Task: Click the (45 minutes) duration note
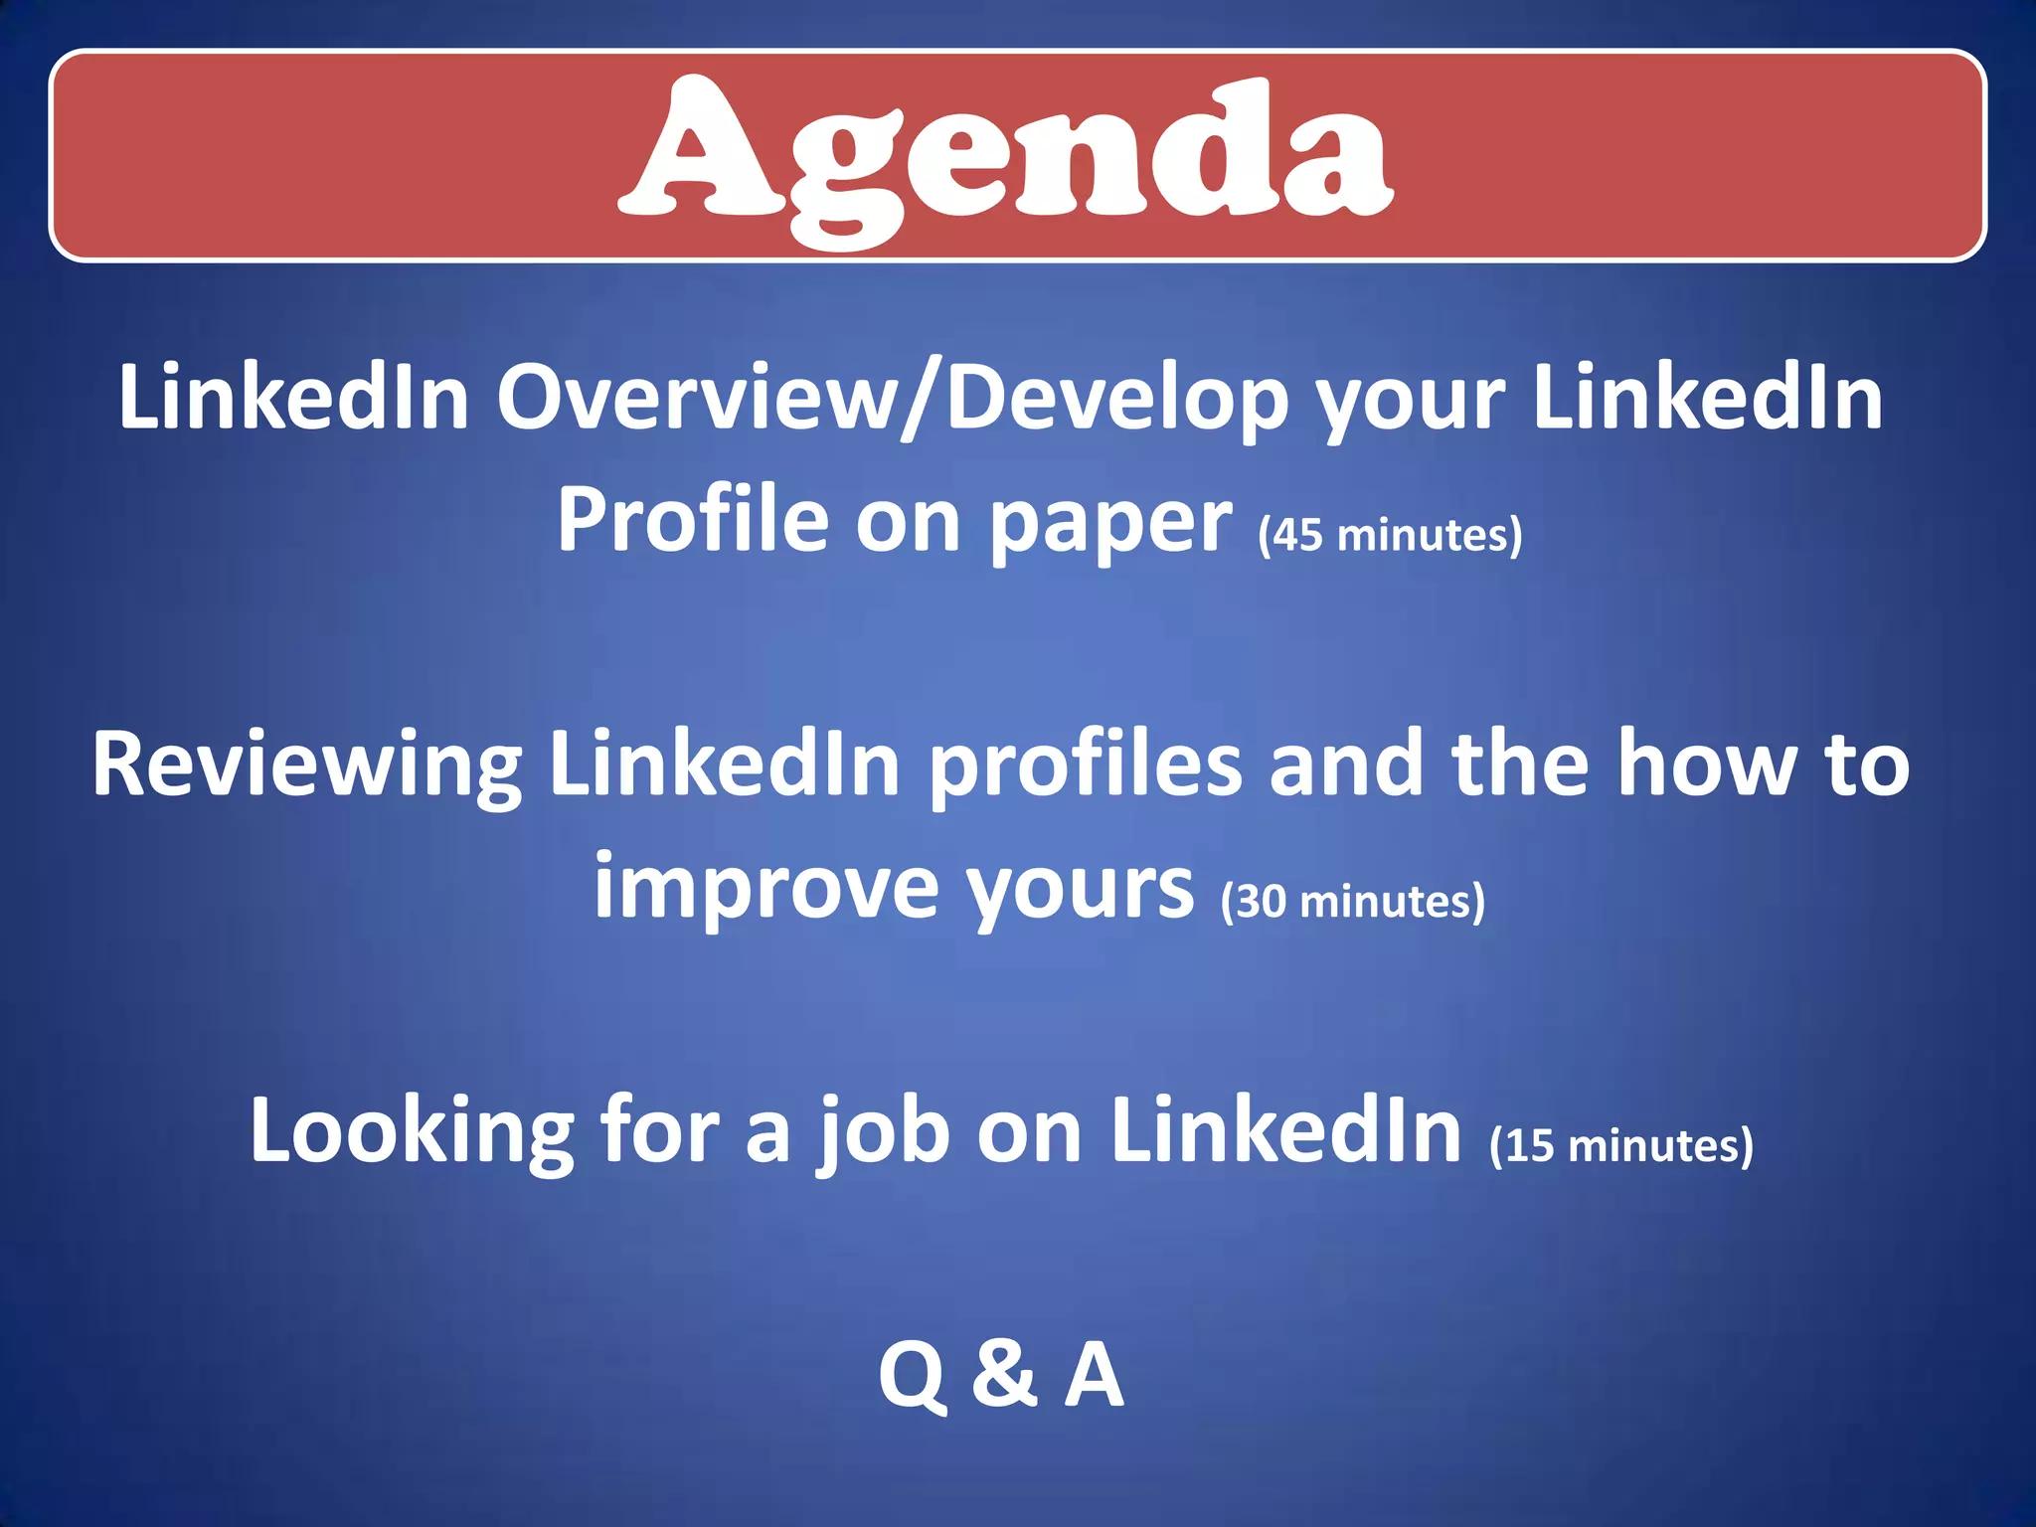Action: pos(1390,536)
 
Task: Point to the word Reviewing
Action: pos(307,765)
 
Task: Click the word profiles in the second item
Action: pos(1086,765)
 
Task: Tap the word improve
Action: pos(765,888)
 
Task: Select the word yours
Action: pos(1081,888)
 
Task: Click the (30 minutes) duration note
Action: pos(1353,902)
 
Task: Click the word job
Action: pos(883,1131)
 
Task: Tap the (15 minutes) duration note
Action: pos(1621,1145)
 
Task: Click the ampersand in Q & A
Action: pos(1005,1374)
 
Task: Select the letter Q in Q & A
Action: pos(912,1376)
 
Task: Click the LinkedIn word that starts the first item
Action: pos(294,398)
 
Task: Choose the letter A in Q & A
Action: pos(1095,1374)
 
